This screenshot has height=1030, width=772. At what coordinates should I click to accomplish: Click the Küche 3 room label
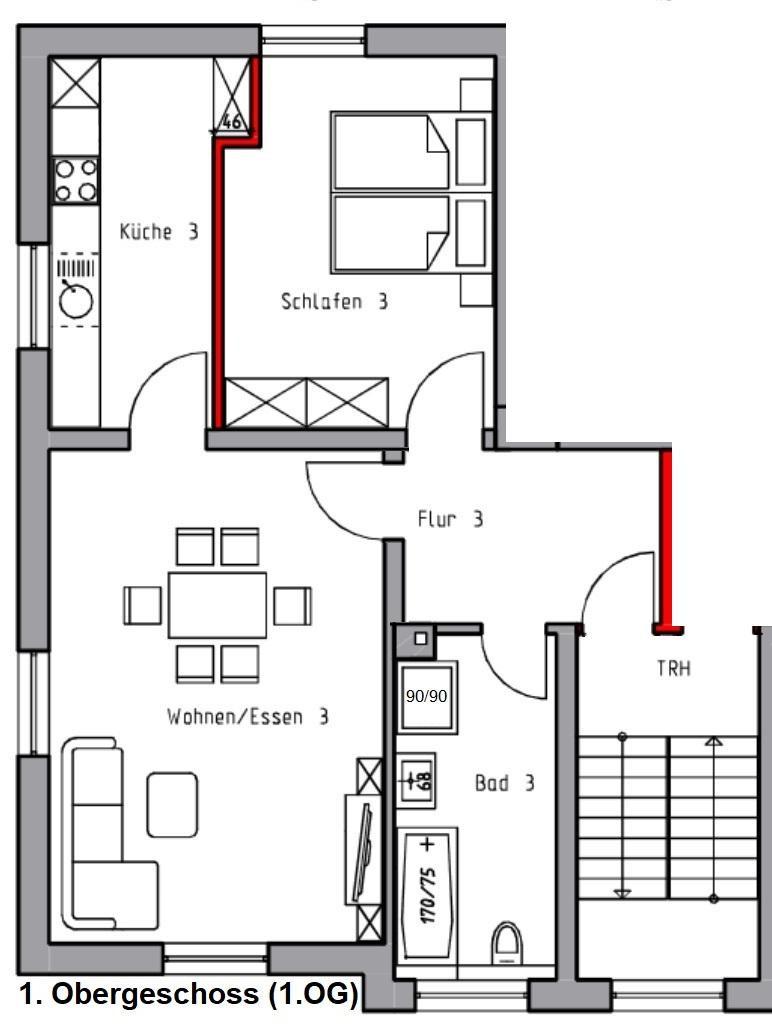pyautogui.click(x=158, y=231)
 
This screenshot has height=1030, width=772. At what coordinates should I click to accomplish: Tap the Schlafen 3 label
pyautogui.click(x=334, y=302)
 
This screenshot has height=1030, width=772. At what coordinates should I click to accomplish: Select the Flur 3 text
pyautogui.click(x=450, y=519)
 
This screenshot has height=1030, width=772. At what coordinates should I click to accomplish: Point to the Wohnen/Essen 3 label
pyautogui.click(x=248, y=716)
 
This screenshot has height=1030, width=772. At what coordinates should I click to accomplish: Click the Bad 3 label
pyautogui.click(x=505, y=783)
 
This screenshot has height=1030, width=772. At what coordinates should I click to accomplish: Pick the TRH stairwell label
pyautogui.click(x=673, y=669)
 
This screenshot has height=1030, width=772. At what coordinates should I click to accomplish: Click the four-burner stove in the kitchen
pyautogui.click(x=76, y=180)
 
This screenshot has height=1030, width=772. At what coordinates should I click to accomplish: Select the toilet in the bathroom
pyautogui.click(x=507, y=943)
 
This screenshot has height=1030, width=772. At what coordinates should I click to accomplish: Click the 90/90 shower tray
pyautogui.click(x=427, y=696)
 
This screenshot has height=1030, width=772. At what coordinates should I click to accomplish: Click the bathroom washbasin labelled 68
pyautogui.click(x=416, y=780)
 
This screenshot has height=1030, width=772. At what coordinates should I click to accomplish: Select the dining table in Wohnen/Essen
pyautogui.click(x=217, y=605)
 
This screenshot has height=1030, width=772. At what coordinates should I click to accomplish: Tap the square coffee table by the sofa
pyautogui.click(x=172, y=805)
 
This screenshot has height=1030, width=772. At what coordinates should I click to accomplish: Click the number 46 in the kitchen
pyautogui.click(x=232, y=121)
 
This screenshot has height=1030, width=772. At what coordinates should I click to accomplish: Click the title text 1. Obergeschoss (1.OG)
pyautogui.click(x=189, y=993)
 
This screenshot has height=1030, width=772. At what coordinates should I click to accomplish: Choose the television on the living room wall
pyautogui.click(x=362, y=852)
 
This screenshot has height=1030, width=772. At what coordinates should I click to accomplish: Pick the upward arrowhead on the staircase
pyautogui.click(x=714, y=741)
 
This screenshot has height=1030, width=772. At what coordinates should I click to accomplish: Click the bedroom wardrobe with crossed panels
pyautogui.click(x=307, y=403)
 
